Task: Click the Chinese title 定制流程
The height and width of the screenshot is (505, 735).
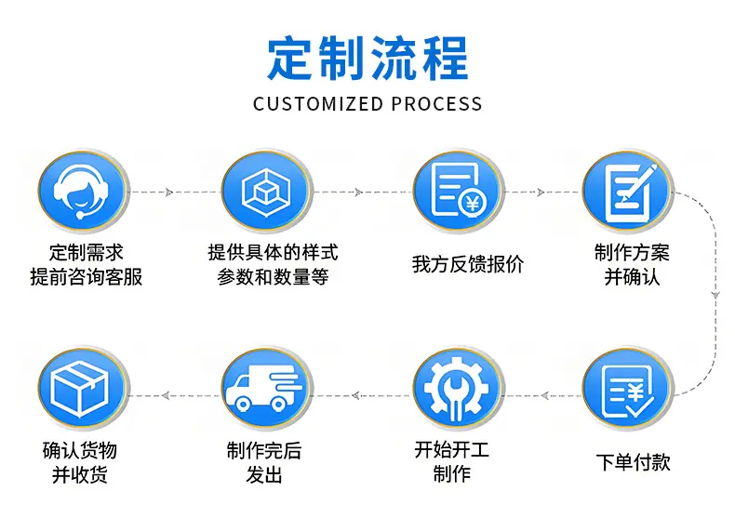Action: [367, 59]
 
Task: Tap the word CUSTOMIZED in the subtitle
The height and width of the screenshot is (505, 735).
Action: [318, 104]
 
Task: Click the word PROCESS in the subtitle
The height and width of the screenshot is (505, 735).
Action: [437, 104]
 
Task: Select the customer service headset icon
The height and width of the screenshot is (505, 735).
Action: [83, 192]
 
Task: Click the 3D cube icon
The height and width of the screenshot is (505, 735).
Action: [266, 192]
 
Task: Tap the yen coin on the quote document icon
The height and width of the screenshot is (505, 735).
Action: [474, 203]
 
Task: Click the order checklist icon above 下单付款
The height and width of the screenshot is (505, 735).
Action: [628, 390]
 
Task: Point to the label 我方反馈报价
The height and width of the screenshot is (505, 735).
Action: [468, 264]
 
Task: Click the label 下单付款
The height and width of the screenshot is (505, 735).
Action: [634, 462]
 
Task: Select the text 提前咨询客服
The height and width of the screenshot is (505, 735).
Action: [87, 277]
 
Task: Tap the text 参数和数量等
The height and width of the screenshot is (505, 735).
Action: [273, 277]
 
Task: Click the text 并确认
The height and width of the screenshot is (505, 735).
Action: [632, 277]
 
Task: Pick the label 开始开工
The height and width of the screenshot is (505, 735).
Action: [452, 450]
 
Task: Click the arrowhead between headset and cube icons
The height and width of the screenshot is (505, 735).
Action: [169, 193]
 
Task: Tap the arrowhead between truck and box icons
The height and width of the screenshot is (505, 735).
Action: [166, 396]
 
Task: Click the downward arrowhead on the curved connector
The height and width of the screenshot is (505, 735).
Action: [715, 295]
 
